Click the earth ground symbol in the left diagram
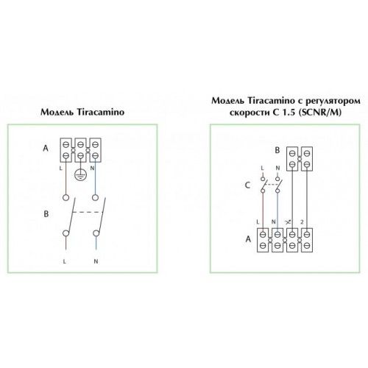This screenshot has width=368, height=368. pyautogui.click(x=80, y=174)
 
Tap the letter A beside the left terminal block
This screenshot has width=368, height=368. pyautogui.click(x=46, y=148)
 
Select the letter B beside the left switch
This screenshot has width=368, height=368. pyautogui.click(x=46, y=214)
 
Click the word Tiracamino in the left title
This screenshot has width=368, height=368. pyautogui.click(x=101, y=112)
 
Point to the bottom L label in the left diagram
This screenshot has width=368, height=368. pyautogui.click(x=65, y=262)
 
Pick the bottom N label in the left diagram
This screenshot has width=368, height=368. pyautogui.click(x=96, y=261)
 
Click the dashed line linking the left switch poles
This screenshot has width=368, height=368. pyautogui.click(x=88, y=212)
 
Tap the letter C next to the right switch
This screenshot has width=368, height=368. pyautogui.click(x=247, y=185)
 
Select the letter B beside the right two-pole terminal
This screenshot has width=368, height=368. pyautogui.click(x=277, y=150)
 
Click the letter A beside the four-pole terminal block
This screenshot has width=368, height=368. pyautogui.click(x=248, y=238)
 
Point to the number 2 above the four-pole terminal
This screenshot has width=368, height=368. pyautogui.click(x=302, y=222)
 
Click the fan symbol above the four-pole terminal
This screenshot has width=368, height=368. pyautogui.click(x=288, y=222)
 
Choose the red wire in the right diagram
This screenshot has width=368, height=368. pyautogui.click(x=263, y=210)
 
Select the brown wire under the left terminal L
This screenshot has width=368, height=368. pyautogui.click(x=66, y=178)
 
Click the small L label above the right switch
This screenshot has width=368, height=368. pyautogui.click(x=262, y=168)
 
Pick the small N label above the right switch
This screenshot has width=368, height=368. pyautogui.click(x=277, y=168)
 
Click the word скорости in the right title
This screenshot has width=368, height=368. pyautogui.click(x=250, y=113)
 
